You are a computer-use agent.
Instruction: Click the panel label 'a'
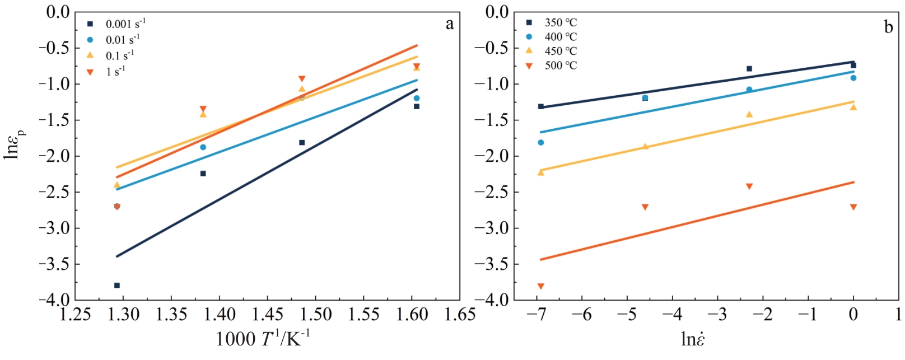point(450,24)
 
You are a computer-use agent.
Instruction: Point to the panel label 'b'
point(888,27)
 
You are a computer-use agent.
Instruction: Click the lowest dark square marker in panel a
point(117,286)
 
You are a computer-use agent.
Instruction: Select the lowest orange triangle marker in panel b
point(541,286)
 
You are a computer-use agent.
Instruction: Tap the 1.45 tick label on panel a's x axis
point(268,315)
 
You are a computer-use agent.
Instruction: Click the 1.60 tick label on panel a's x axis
point(412,315)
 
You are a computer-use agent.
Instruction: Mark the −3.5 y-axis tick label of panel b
point(492,264)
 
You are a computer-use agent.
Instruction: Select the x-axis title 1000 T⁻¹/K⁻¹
point(263,338)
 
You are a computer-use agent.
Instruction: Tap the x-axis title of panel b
point(693,339)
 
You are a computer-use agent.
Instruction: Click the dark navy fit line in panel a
point(267,172)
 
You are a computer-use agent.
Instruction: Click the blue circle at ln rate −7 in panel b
point(541,143)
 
